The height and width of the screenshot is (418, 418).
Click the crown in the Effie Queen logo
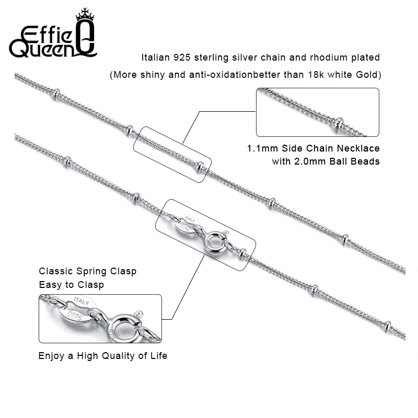pos(84,15)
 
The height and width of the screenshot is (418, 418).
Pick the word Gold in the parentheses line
pos(367,75)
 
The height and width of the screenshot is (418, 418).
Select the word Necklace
pos(360,149)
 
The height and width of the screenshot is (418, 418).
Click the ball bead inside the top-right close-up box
pos(340,123)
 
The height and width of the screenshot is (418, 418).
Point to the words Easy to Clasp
pos(71,285)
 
